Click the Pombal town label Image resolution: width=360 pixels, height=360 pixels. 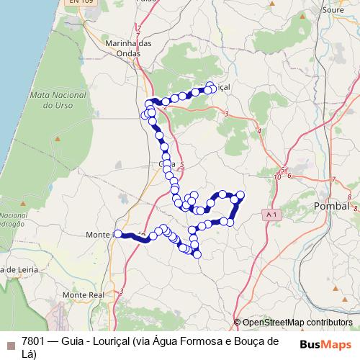[x=332, y=206]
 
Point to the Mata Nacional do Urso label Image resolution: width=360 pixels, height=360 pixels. [x=53, y=100]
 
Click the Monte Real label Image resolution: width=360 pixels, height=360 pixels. [x=84, y=295]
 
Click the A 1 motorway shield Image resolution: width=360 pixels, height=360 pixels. [x=271, y=215]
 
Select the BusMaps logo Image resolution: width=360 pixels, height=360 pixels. [x=325, y=343]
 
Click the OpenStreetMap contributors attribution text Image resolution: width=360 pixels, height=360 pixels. [x=297, y=323]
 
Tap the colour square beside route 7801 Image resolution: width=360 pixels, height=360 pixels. [x=10, y=344]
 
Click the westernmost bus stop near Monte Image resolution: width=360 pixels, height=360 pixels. [x=118, y=233]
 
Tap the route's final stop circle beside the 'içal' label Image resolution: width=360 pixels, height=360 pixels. [x=211, y=86]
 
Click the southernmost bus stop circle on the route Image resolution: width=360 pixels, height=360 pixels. [x=197, y=254]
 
